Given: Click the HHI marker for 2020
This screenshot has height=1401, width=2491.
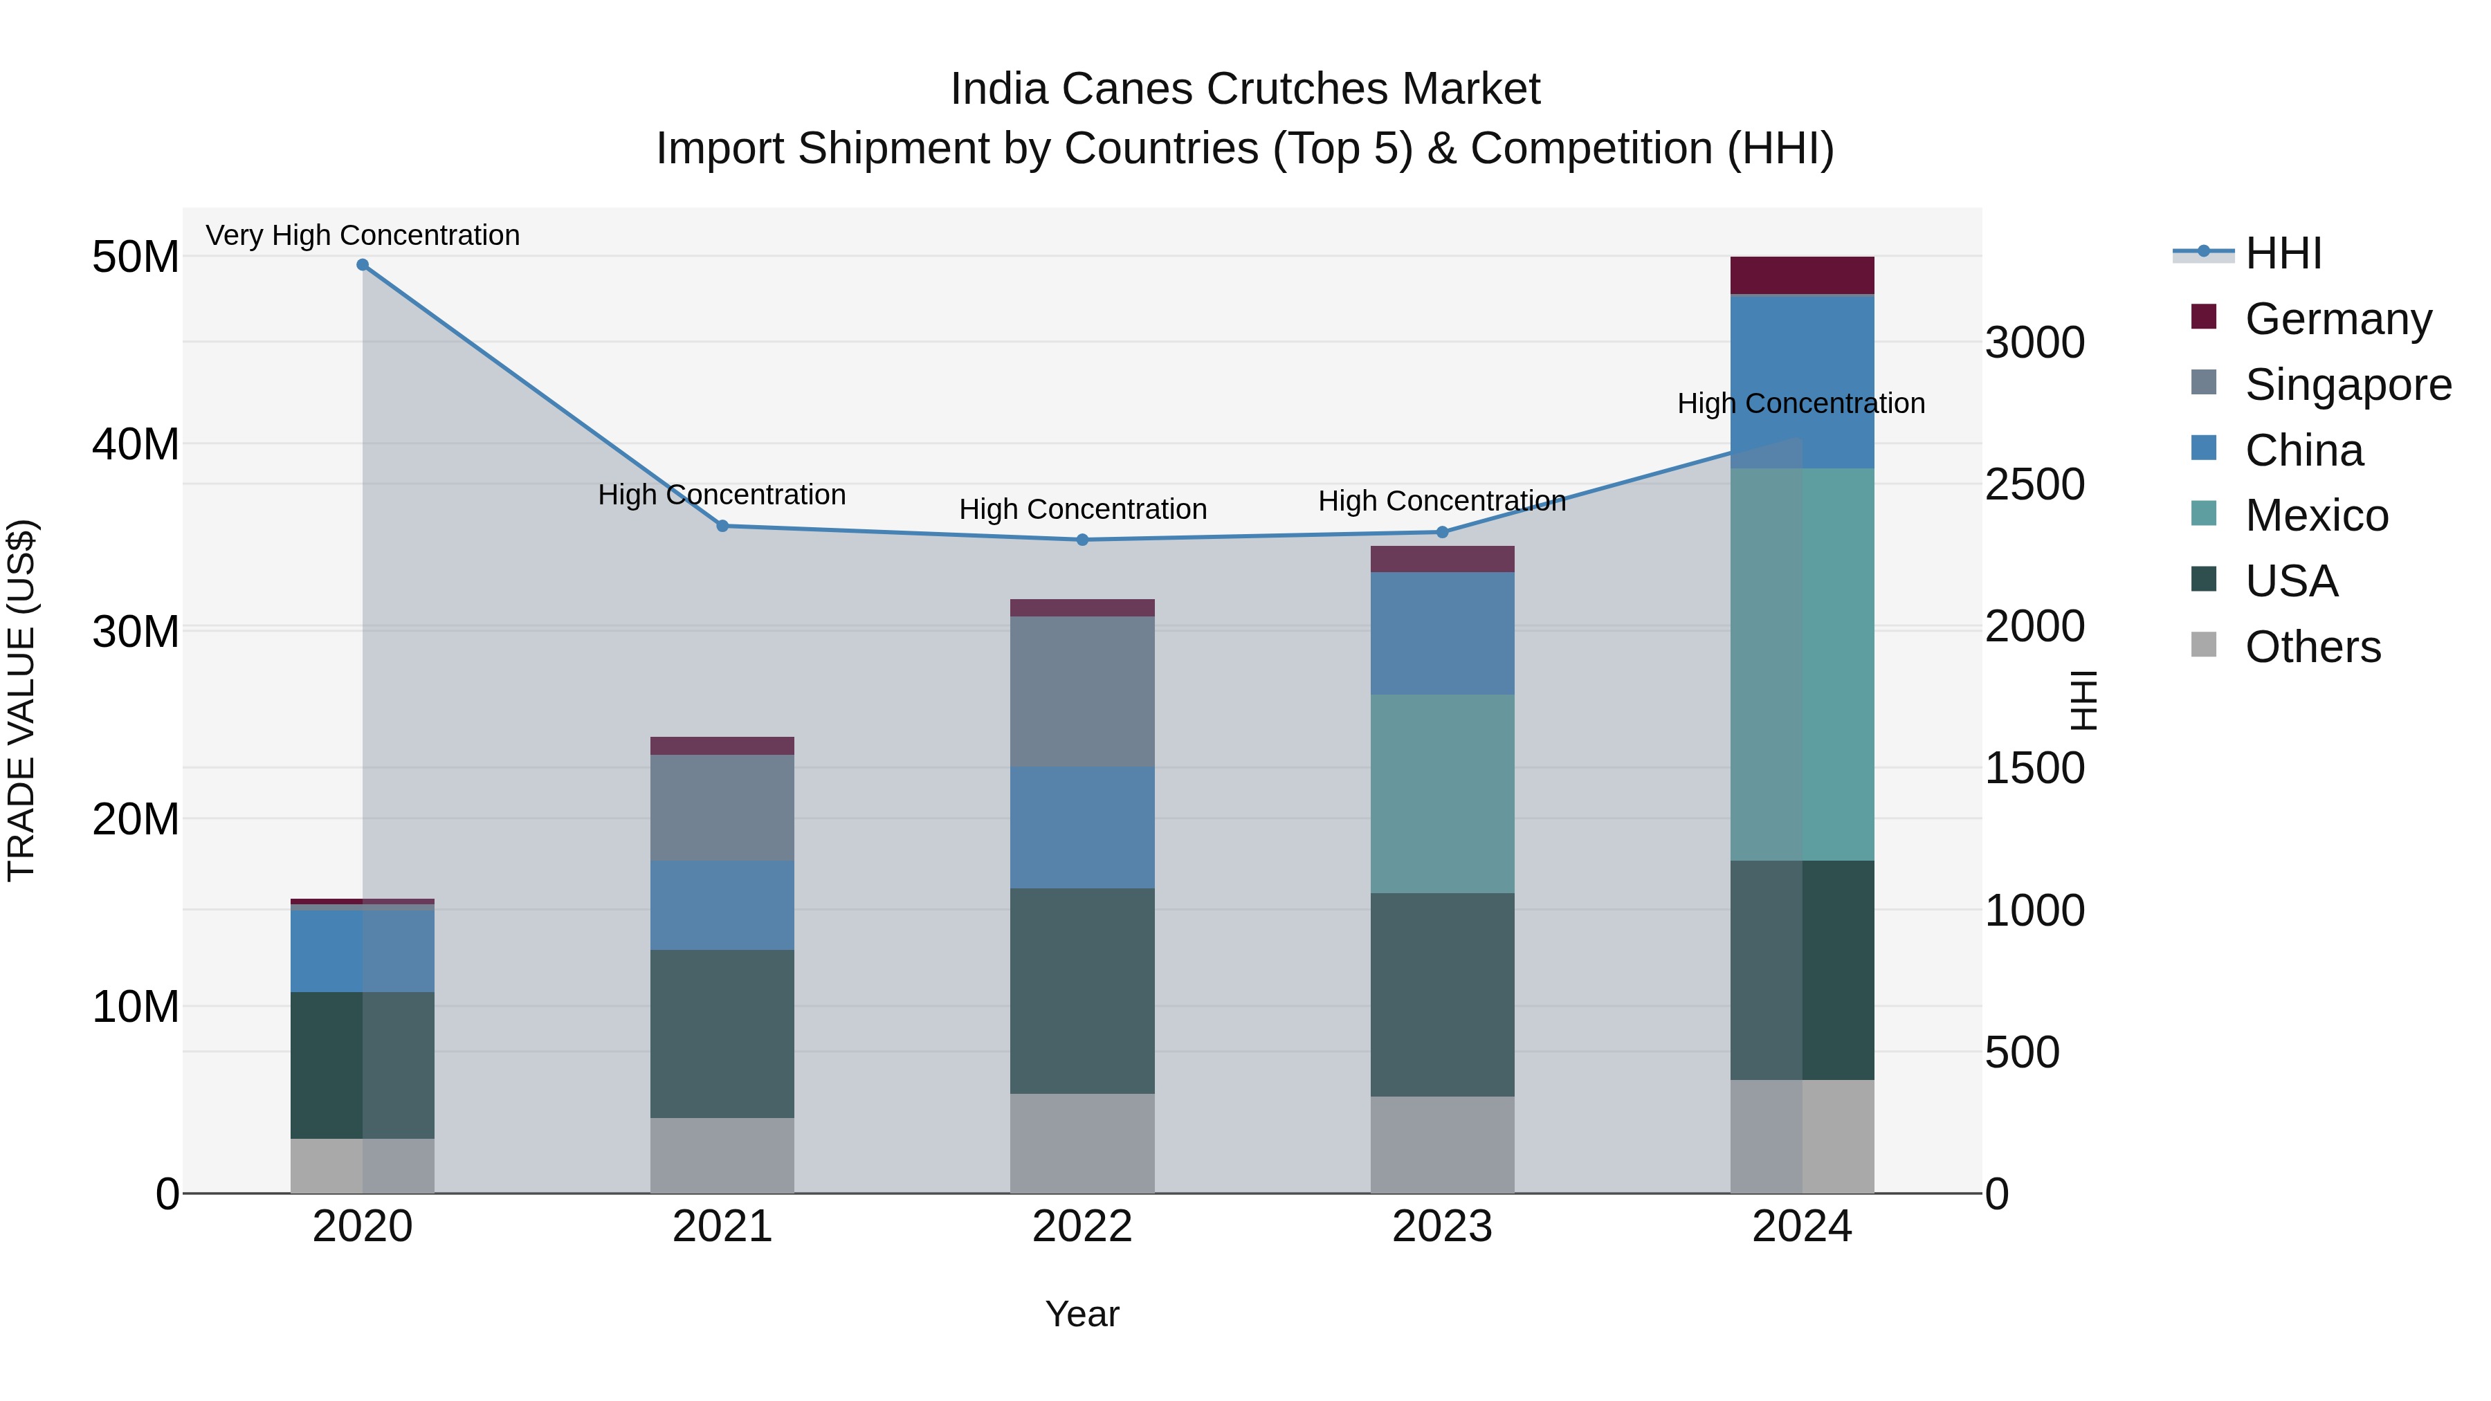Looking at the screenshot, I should pyautogui.click(x=363, y=265).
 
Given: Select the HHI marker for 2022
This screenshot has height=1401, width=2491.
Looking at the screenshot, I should pyautogui.click(x=1082, y=540).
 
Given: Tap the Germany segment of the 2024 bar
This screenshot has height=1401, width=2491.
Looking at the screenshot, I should pyautogui.click(x=1802, y=275).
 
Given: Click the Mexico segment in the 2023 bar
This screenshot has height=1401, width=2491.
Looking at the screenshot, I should pyautogui.click(x=1442, y=794).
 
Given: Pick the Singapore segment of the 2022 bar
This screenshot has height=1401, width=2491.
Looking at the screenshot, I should pyautogui.click(x=1082, y=691).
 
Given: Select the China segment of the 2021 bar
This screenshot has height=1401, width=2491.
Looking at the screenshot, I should pyautogui.click(x=722, y=905).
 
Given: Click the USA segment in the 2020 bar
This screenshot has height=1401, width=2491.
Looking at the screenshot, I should pyautogui.click(x=363, y=1065).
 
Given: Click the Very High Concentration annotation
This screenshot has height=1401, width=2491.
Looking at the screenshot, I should pyautogui.click(x=363, y=236).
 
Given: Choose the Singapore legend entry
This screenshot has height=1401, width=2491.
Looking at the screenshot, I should pyautogui.click(x=2347, y=385).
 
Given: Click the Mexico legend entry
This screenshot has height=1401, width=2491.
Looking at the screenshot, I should pyautogui.click(x=2316, y=515).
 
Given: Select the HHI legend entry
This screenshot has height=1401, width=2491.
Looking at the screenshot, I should pyautogui.click(x=2282, y=253).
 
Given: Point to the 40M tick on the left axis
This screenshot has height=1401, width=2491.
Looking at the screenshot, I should pyautogui.click(x=136, y=445).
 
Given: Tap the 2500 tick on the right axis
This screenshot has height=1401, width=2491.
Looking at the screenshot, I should pyautogui.click(x=2034, y=486).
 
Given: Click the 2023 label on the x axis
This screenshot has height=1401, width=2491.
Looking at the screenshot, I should pyautogui.click(x=1442, y=1227).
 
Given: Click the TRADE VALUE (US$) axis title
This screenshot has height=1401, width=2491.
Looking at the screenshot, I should pyautogui.click(x=21, y=700).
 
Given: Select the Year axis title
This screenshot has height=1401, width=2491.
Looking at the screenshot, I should pyautogui.click(x=1082, y=1314).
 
